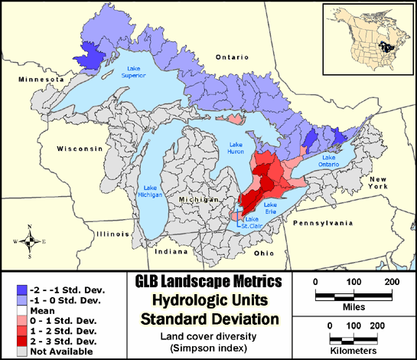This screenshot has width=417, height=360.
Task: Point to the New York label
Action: point(380,182)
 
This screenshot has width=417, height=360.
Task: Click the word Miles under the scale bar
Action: point(353,306)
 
